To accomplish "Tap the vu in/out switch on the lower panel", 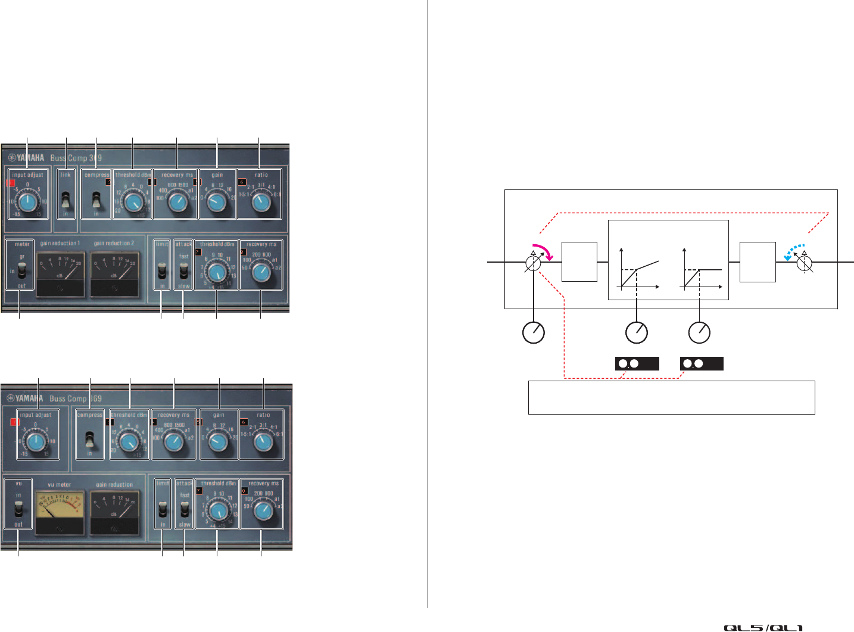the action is tap(18, 510).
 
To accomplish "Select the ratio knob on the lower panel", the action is tap(262, 441).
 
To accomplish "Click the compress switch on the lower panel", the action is tap(90, 439).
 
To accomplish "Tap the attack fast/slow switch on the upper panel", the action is tap(183, 271).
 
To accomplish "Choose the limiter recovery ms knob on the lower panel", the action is tap(261, 510).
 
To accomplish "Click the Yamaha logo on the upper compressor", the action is tap(26, 158).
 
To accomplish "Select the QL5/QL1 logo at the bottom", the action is tap(763, 627).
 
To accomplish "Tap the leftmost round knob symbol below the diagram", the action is tap(534, 332).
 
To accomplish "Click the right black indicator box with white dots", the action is tap(702, 363).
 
